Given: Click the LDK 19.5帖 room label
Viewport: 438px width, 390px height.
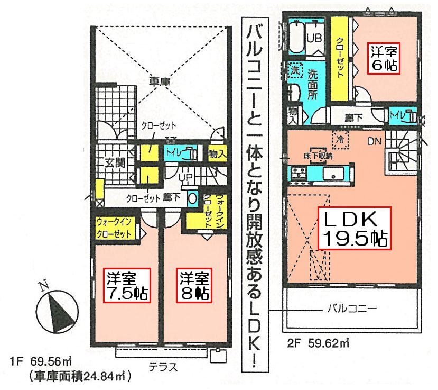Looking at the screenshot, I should coord(354,229).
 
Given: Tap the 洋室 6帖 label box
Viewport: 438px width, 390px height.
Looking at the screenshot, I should coord(383,59).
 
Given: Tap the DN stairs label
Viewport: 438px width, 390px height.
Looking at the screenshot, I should coord(374,141).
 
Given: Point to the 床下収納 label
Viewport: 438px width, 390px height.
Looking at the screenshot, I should coord(318,156).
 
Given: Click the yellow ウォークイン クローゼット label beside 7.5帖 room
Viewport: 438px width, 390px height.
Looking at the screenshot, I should coord(115,229).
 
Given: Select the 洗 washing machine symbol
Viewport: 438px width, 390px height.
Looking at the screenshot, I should coord(294,70).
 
